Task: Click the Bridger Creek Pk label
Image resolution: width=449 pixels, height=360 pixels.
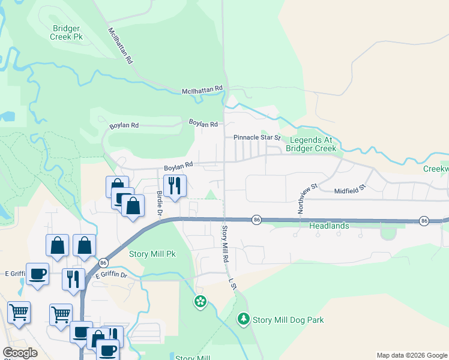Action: tap(67, 32)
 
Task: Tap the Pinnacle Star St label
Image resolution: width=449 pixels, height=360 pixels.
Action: tap(257, 137)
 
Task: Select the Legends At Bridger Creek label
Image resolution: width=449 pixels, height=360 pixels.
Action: tap(313, 144)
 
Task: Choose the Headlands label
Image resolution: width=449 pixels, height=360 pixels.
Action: tap(328, 226)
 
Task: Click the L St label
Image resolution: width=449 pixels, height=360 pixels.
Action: tap(232, 283)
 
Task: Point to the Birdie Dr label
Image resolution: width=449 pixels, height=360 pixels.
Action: tap(160, 203)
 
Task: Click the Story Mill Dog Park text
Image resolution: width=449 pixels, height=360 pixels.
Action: tap(288, 320)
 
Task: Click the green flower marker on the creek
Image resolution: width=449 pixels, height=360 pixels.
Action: tap(200, 301)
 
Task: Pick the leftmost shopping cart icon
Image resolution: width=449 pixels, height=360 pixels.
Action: tap(19, 312)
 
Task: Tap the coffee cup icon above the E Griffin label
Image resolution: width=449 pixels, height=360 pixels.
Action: tap(37, 273)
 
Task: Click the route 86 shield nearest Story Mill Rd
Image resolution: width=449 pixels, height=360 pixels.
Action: tap(256, 220)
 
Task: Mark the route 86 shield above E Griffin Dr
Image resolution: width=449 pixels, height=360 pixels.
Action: tap(103, 263)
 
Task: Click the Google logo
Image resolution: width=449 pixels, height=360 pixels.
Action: tap(20, 353)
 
